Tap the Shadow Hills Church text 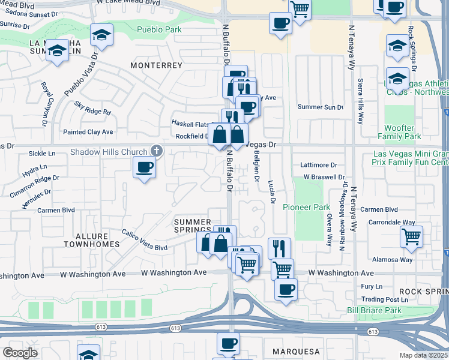click(109, 152)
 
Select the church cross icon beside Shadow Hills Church click(156, 151)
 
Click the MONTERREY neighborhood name click(158, 65)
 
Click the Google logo click(20, 352)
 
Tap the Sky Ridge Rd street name click(93, 108)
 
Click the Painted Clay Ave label click(88, 131)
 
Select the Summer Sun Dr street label click(321, 107)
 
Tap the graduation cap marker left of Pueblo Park click(102, 35)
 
